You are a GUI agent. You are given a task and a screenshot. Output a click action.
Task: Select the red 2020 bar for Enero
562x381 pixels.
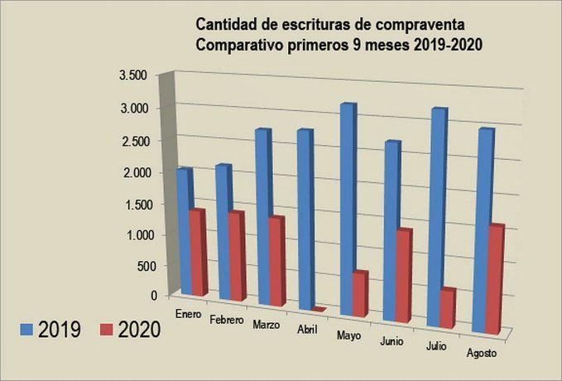pyautogui.click(x=197, y=253)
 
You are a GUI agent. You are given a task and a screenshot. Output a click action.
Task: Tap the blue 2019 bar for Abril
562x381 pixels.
pyautogui.click(x=305, y=219)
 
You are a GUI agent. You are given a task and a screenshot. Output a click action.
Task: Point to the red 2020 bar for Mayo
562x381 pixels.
pyautogui.click(x=358, y=294)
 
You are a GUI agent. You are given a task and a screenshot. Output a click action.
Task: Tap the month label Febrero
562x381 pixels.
pyautogui.click(x=226, y=320)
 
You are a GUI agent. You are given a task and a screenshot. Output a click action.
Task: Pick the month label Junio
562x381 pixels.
pyautogui.click(x=391, y=340)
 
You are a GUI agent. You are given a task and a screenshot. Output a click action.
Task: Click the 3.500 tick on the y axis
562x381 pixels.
pyautogui.click(x=132, y=75)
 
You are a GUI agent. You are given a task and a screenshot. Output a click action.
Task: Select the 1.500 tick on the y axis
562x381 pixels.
pyautogui.click(x=132, y=205)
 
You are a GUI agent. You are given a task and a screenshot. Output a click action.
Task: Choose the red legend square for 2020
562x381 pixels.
pyautogui.click(x=106, y=329)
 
